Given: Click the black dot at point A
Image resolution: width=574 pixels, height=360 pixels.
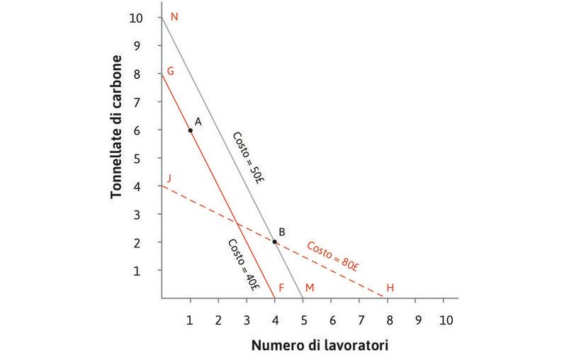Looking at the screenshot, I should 190,130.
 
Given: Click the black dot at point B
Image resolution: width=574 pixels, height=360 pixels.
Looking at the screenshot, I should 274,242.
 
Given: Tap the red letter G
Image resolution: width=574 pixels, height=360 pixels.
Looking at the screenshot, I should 171,72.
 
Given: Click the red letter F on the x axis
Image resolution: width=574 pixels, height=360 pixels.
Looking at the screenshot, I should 281,288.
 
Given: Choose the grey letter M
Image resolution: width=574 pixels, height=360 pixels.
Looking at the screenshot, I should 309,288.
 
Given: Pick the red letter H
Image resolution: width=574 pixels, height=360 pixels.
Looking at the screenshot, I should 390,288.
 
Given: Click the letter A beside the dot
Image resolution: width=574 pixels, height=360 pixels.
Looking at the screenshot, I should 198,121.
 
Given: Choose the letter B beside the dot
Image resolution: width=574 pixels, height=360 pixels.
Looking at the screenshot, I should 281,232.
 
